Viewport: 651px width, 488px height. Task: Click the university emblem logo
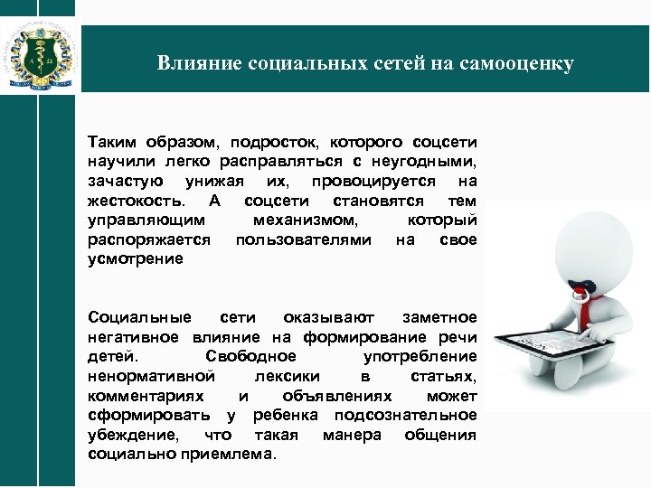tap(40, 52)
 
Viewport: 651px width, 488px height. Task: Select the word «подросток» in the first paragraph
tap(271, 142)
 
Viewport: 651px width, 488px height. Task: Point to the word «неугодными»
tap(428, 161)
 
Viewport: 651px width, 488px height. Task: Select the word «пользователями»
tap(303, 239)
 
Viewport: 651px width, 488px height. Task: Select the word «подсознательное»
tap(405, 415)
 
